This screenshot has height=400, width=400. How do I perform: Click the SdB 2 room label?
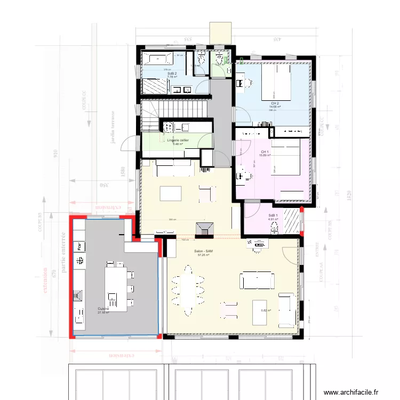point(172,73)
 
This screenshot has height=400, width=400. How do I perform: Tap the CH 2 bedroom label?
point(275,103)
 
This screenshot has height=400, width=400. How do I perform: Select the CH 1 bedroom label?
point(265,152)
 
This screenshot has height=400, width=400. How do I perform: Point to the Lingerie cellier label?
point(178,140)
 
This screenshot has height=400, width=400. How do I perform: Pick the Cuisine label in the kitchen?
point(103,309)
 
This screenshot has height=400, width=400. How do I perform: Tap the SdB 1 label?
point(274,215)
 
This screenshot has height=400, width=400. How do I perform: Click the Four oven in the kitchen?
point(79,246)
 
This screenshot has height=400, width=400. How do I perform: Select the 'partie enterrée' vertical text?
point(63,253)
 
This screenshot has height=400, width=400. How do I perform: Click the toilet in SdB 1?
point(275,228)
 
